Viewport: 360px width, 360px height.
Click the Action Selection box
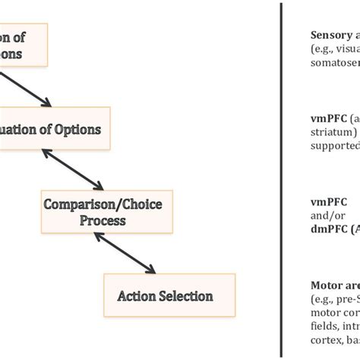pos(165,295)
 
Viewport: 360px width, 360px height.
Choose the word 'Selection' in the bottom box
pos(185,295)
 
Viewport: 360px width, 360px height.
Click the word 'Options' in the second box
pos(82,129)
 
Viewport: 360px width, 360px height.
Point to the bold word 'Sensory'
pos(331,35)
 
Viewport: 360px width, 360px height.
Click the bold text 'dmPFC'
pos(330,228)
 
